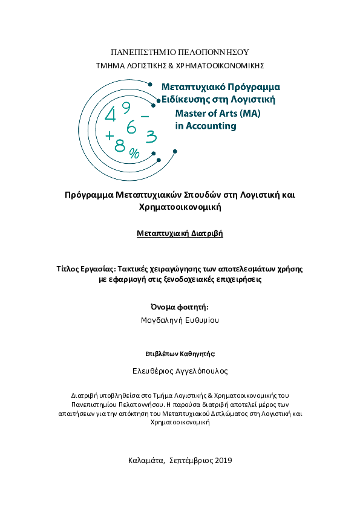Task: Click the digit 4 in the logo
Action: [111, 115]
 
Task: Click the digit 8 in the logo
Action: [120, 145]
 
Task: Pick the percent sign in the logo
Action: [134, 154]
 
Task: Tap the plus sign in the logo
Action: [109, 136]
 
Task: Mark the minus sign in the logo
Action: [145, 115]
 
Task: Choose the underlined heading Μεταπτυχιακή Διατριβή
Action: [180, 233]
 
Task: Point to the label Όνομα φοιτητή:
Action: [179, 307]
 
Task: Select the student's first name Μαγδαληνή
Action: [160, 320]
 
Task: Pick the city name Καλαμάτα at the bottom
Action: [146, 460]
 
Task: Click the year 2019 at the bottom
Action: [222, 460]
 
